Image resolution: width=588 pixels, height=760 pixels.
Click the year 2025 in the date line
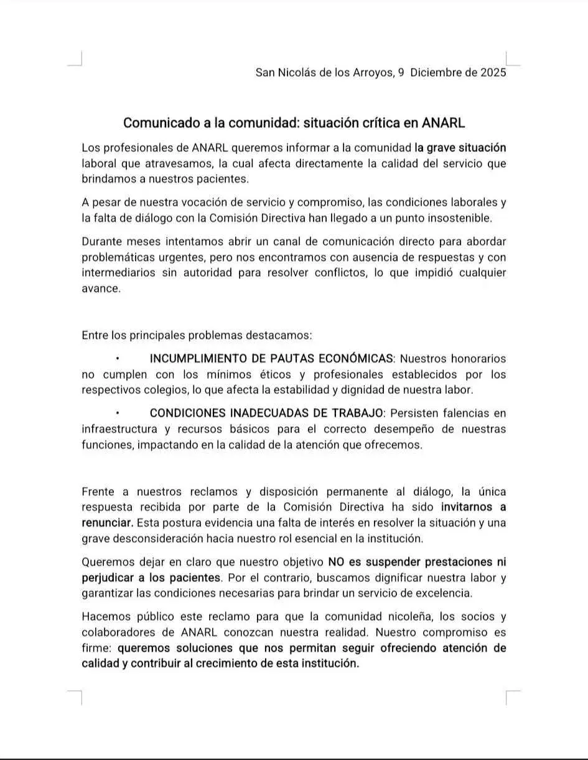[x=493, y=72]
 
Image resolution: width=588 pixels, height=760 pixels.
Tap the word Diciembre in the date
[x=443, y=72]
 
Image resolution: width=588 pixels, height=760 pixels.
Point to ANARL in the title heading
[x=443, y=123]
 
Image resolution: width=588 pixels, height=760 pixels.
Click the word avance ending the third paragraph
[x=100, y=289]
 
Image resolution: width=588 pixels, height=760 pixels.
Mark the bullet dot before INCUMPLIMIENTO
[x=117, y=359]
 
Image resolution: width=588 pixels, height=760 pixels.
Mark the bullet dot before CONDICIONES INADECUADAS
[x=117, y=413]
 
